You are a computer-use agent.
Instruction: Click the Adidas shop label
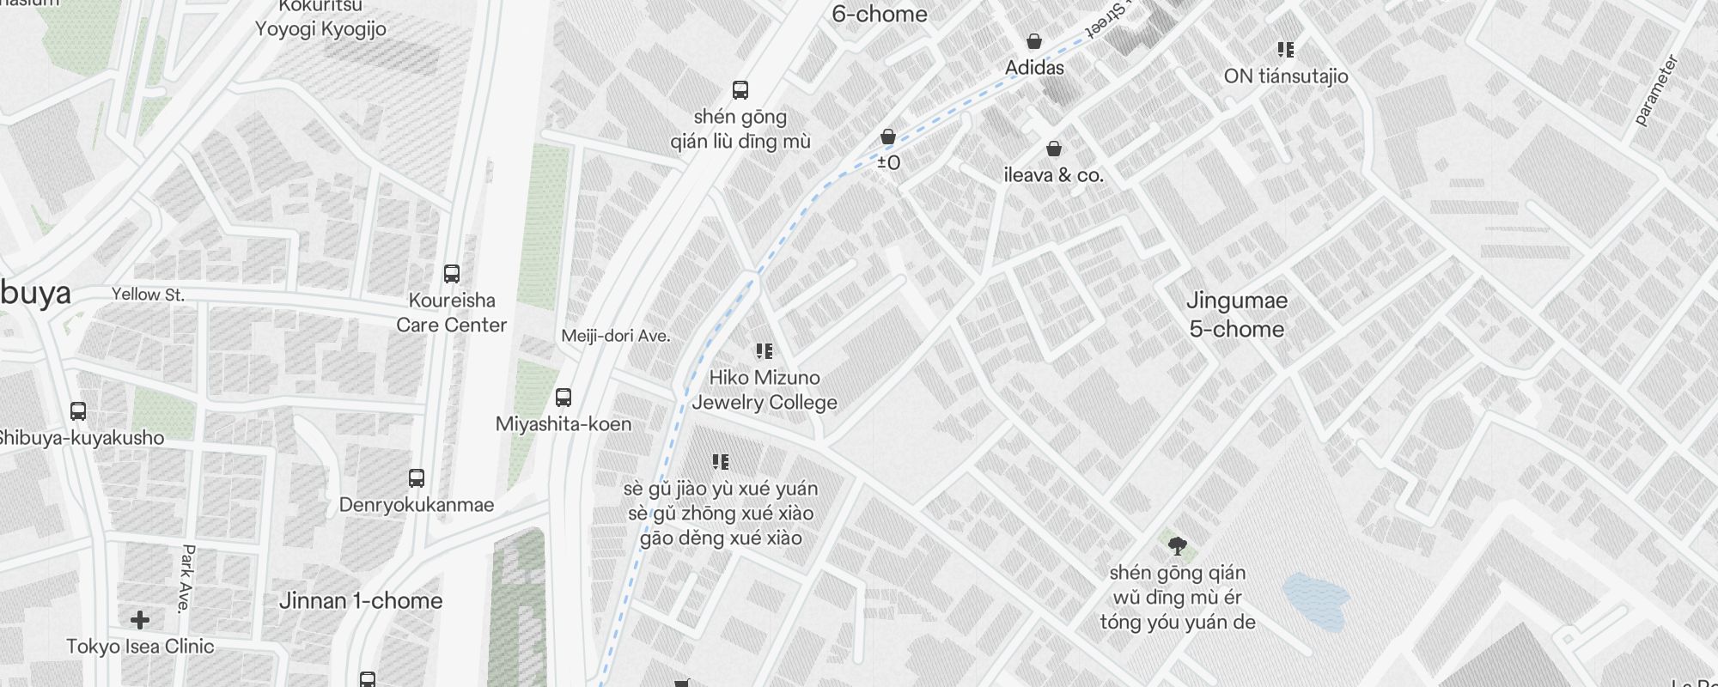coord(1034,68)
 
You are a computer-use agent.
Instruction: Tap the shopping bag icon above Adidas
coord(1034,41)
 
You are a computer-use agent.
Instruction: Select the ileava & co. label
coord(1053,175)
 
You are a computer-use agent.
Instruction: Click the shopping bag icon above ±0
coord(888,137)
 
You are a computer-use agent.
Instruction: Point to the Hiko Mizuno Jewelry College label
coord(765,390)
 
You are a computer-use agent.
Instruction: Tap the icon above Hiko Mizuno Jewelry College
coord(764,350)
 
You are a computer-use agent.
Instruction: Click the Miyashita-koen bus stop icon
coord(564,398)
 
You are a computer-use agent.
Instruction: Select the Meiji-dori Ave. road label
coord(615,336)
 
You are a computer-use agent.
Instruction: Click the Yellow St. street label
coord(148,295)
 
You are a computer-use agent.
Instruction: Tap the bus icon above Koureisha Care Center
coord(452,274)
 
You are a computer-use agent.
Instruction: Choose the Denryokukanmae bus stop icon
coord(417,478)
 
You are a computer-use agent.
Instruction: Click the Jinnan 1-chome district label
coord(361,601)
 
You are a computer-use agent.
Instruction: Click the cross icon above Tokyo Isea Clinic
coord(140,619)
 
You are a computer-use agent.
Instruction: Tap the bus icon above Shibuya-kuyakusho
coord(78,410)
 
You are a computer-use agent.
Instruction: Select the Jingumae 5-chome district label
coord(1237,314)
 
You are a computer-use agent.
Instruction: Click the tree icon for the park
coord(1178,544)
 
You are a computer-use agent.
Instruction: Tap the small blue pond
coord(1315,601)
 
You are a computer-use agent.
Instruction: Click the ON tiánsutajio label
coord(1286,76)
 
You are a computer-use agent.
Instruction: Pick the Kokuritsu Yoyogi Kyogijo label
coord(320,19)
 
